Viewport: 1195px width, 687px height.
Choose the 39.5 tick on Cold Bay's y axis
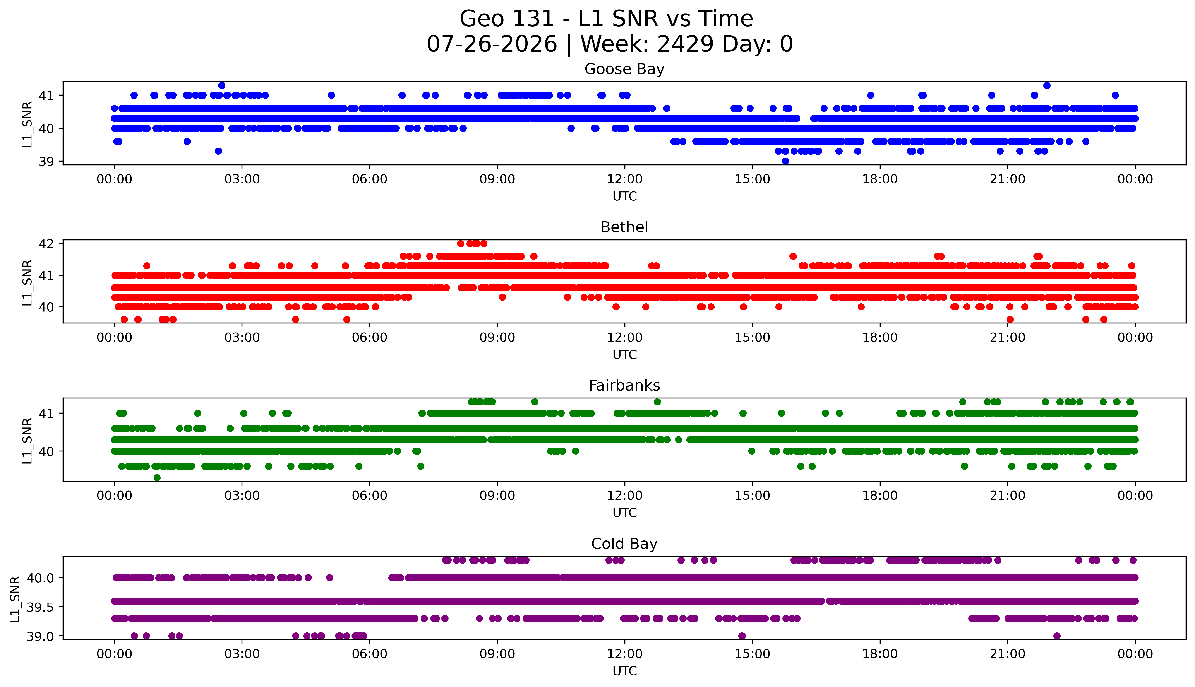tap(40, 607)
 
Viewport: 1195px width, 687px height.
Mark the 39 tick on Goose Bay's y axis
tap(46, 161)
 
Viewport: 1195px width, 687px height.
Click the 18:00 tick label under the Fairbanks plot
tap(880, 496)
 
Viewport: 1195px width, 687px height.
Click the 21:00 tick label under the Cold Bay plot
tap(1007, 654)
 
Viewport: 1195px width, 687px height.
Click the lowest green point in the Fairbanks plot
tap(157, 477)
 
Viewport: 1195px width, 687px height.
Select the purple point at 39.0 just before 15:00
tap(742, 636)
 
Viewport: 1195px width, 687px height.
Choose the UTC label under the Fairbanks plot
tap(624, 512)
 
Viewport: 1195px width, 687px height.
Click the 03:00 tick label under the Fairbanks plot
tap(242, 496)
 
